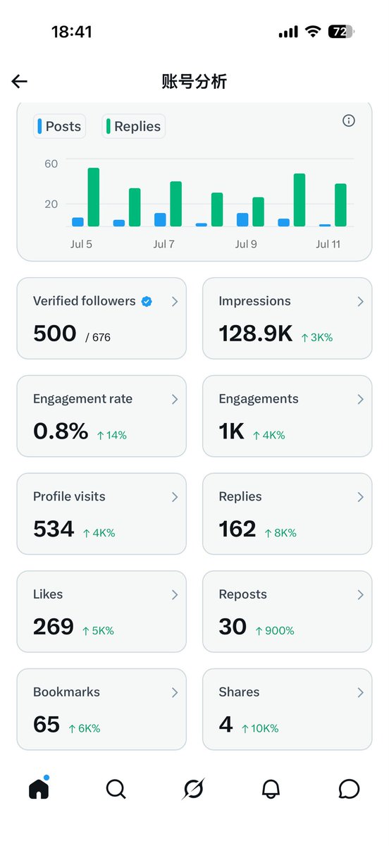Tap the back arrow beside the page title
pyautogui.click(x=19, y=81)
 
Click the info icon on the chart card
pyautogui.click(x=348, y=121)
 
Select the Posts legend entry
pyautogui.click(x=60, y=126)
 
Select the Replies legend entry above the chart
pyautogui.click(x=134, y=126)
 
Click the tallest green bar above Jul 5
pyautogui.click(x=93, y=197)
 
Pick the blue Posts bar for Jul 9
pyautogui.click(x=242, y=220)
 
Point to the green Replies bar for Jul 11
pyautogui.click(x=340, y=205)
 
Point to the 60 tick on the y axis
pyautogui.click(x=51, y=164)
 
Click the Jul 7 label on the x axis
pyautogui.click(x=163, y=245)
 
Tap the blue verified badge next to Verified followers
pyautogui.click(x=147, y=302)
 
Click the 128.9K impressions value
pyautogui.click(x=256, y=333)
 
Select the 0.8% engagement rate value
pyautogui.click(x=61, y=431)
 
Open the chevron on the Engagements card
pyautogui.click(x=360, y=399)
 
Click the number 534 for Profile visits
pyautogui.click(x=54, y=529)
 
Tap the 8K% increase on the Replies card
pyautogui.click(x=280, y=533)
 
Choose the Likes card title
pyautogui.click(x=48, y=594)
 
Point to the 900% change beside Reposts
pyautogui.click(x=275, y=631)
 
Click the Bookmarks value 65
pyautogui.click(x=47, y=725)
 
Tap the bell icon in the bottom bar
pyautogui.click(x=271, y=789)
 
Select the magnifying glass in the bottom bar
pyautogui.click(x=116, y=789)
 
